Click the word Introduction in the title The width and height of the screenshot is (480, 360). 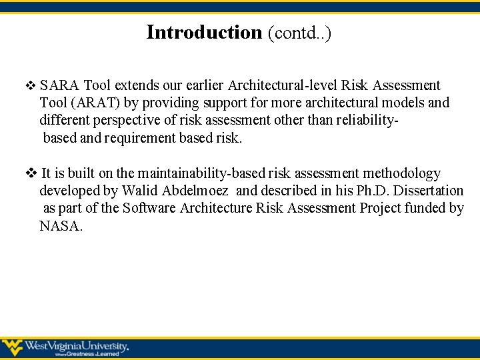(x=204, y=32)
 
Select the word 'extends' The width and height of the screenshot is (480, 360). (x=136, y=85)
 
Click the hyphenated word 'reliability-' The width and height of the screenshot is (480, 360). (x=361, y=121)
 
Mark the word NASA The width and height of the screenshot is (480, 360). (x=61, y=225)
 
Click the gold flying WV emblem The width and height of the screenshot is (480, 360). (x=11, y=347)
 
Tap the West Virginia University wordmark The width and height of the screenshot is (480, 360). (x=77, y=346)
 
